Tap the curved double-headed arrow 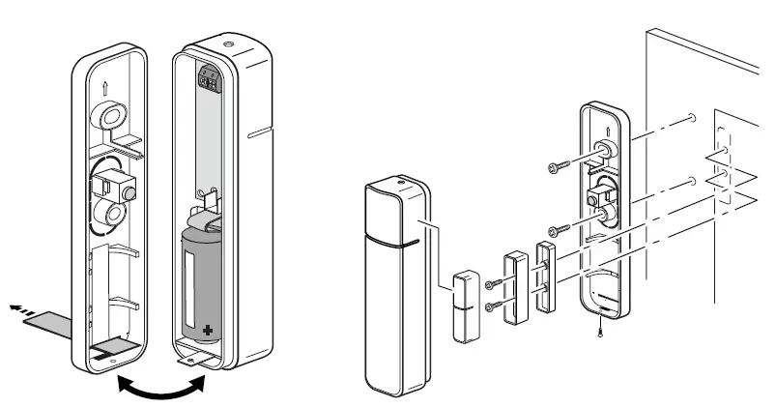tap(160, 387)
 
